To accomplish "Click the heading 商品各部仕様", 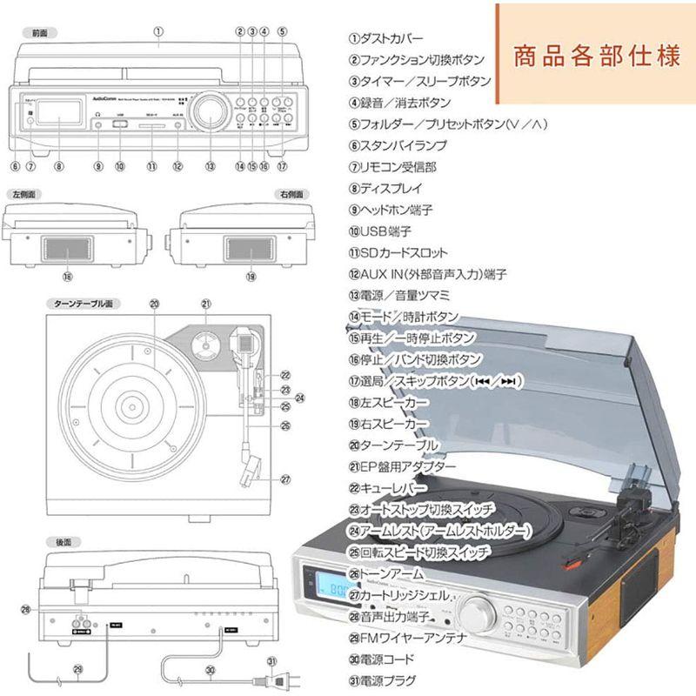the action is point(596,57).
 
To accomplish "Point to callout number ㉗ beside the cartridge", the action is point(284,478).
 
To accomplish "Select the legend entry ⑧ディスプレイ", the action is point(385,189).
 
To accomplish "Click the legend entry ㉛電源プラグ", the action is point(382,681).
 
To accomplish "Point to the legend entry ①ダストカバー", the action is point(386,39).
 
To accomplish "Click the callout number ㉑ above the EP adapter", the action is point(206,304).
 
